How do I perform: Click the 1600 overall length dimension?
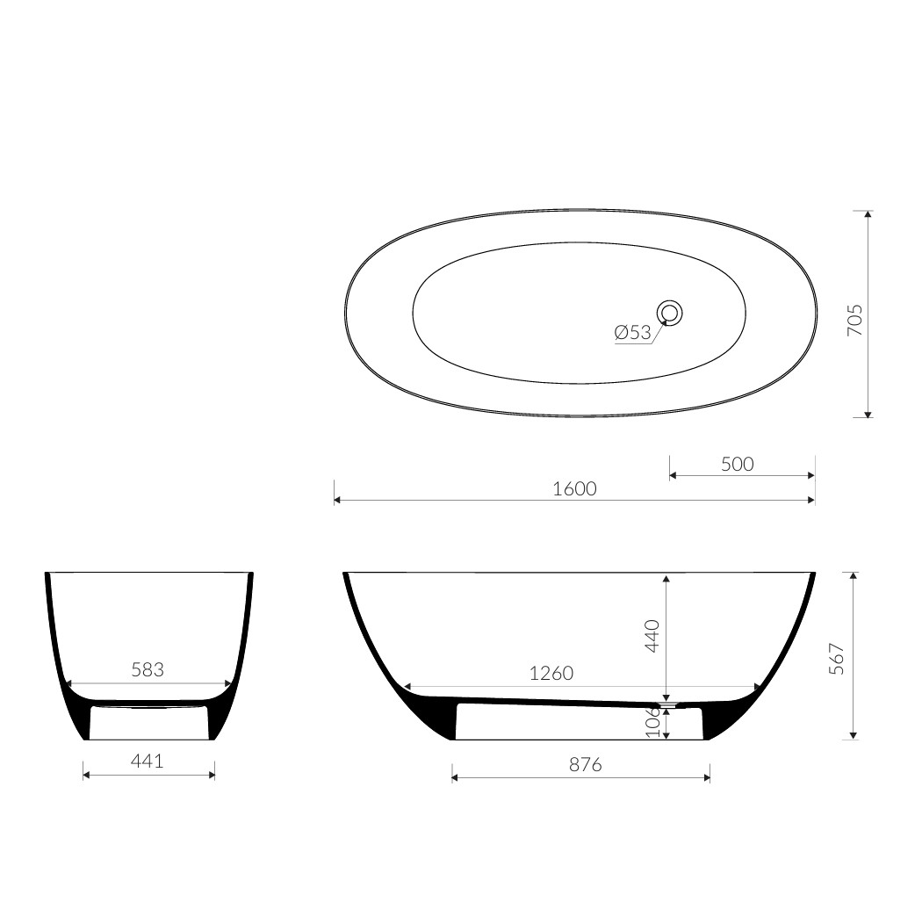574,489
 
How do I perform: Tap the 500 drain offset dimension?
737,465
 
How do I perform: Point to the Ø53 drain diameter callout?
633,333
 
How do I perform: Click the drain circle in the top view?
670,313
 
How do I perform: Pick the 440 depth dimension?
652,635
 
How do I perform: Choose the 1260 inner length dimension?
551,673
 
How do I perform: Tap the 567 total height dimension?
837,659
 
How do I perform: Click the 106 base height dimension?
652,723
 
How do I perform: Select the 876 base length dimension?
585,765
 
